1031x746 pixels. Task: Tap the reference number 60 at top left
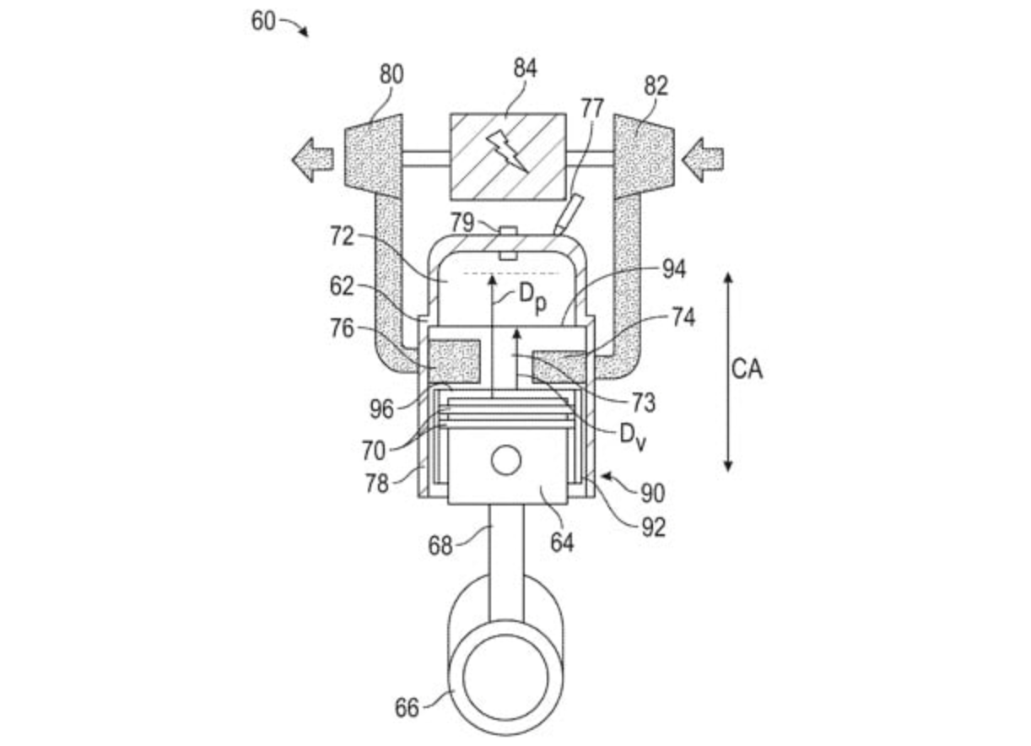262,20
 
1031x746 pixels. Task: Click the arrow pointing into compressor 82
702,158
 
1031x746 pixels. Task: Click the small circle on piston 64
507,461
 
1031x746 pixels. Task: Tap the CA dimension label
746,370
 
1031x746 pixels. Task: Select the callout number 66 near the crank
407,707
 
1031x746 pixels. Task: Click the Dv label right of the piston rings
632,436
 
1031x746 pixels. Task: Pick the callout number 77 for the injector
592,108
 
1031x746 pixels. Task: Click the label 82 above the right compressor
655,85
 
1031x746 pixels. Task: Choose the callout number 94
673,269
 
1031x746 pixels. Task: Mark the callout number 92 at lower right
652,527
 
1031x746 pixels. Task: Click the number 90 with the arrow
652,493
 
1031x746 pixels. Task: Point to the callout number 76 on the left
342,329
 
